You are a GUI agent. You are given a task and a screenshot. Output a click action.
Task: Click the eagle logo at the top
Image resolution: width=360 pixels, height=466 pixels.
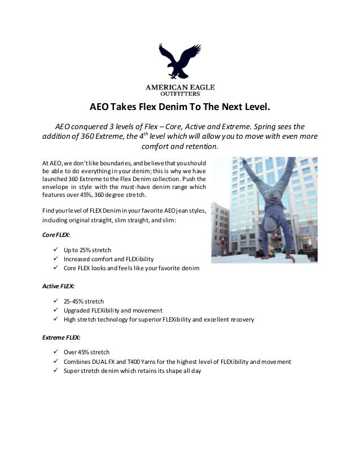coord(180,61)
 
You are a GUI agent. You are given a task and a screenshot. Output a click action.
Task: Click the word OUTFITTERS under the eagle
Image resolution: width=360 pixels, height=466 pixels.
coord(180,95)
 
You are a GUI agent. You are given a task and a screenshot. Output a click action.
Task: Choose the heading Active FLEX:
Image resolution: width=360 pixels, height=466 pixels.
coord(59,286)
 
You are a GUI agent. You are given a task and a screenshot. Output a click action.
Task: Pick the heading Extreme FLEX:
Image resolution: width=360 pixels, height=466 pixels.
coord(62,337)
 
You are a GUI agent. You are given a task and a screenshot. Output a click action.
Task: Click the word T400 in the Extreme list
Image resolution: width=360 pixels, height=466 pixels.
coord(138,362)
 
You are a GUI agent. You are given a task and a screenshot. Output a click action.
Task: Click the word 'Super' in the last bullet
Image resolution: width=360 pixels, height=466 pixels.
coord(72,371)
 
